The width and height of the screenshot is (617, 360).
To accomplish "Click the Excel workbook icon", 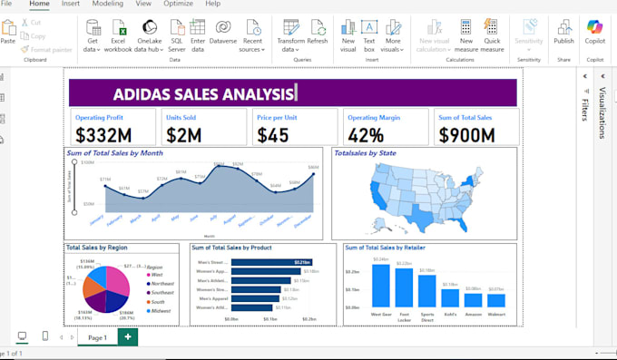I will pos(119,33).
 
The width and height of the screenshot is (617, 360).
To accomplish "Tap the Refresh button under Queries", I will pos(318,33).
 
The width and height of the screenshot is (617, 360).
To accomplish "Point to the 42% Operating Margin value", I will pos(366,135).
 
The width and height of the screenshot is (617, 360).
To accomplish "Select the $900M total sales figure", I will pos(466,135).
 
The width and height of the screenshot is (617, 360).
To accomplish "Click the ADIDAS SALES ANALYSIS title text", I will pos(204,93).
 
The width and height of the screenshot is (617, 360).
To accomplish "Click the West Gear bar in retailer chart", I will pos(380,286).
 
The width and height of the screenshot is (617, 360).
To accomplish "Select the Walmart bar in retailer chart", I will pos(496,300).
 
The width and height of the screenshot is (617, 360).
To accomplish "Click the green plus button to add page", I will pos(128,337).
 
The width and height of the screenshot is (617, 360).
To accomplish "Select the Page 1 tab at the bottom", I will pos(97,337).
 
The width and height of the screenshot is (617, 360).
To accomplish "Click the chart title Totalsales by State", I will pos(365,153).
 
